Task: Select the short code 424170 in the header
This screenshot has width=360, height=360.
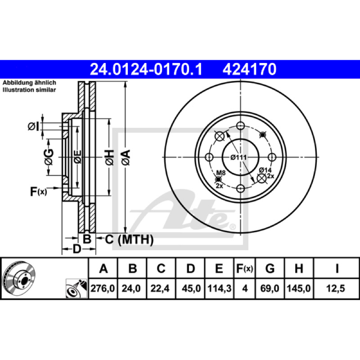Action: [248, 69]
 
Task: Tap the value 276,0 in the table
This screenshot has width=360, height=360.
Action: [103, 288]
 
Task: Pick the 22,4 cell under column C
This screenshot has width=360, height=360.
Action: [161, 288]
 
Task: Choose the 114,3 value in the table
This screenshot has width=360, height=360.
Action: [219, 288]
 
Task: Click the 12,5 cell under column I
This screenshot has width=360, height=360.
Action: [337, 288]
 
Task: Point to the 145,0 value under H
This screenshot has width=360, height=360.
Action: [298, 288]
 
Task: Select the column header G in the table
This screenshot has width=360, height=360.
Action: [270, 269]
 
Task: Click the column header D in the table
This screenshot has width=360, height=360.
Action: [190, 269]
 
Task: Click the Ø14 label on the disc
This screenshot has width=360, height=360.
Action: [265, 170]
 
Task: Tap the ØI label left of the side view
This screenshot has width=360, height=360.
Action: [34, 127]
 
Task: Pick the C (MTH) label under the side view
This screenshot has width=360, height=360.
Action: [129, 240]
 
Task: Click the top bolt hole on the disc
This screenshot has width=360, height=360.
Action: [240, 126]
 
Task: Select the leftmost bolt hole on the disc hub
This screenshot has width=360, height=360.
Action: [209, 157]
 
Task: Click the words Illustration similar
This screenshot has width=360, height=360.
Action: [29, 90]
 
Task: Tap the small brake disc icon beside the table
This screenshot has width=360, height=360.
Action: [21, 275]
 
